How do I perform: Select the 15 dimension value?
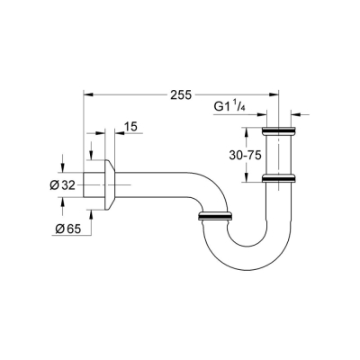point(130,128)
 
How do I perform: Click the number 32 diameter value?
point(68,184)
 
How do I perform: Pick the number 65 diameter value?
point(69,229)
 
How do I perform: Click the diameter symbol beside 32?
point(54,184)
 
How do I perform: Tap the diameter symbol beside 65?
point(55,229)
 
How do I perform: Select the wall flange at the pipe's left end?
point(104,185)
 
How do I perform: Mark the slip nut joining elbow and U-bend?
point(215,216)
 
